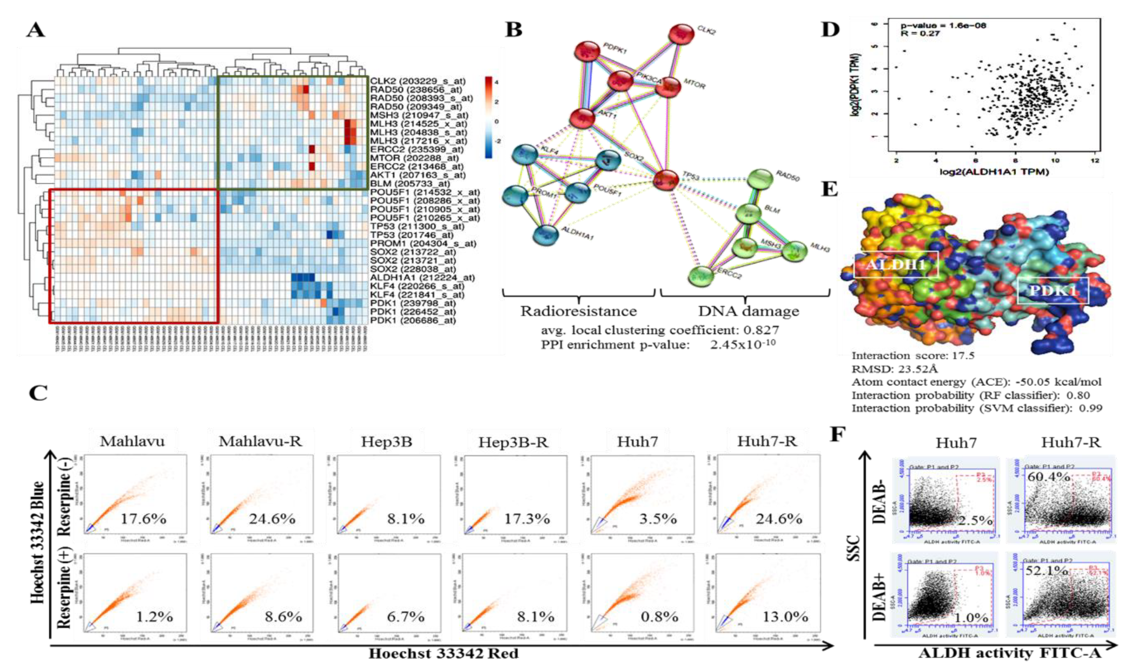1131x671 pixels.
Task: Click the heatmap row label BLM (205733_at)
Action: (x=410, y=183)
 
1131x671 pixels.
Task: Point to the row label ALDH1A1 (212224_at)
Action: (x=422, y=278)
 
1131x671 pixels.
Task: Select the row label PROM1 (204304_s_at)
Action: (x=423, y=243)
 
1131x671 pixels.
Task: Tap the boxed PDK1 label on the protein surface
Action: (x=1053, y=291)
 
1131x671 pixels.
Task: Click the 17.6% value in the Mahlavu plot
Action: (x=143, y=519)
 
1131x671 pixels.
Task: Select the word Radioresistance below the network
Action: (x=579, y=311)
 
